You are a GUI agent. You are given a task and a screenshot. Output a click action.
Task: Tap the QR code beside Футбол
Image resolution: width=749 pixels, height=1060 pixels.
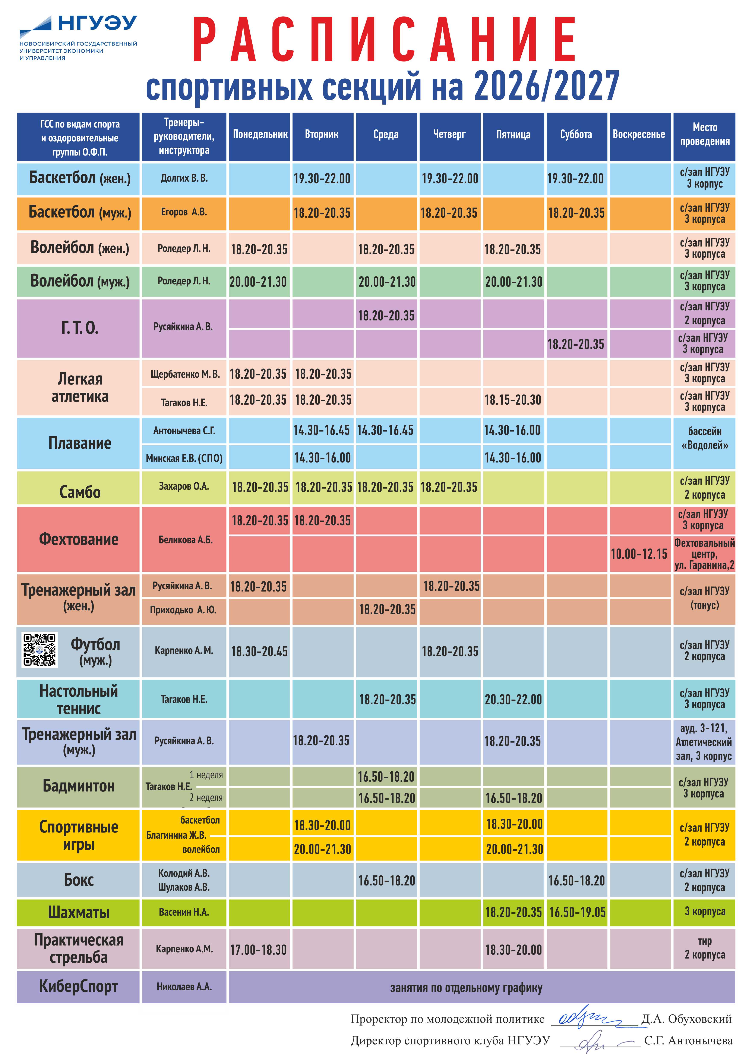[x=40, y=650]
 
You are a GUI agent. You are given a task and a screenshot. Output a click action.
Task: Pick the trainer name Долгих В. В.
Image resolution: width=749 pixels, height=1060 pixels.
[x=184, y=178]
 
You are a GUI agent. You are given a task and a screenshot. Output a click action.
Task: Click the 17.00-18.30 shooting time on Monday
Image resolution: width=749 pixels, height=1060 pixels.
[x=258, y=950]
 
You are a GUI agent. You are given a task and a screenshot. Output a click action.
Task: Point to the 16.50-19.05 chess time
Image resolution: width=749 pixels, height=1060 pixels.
[x=577, y=912]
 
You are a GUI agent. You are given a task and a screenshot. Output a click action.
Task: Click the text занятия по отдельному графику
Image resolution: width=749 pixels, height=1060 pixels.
[x=466, y=988]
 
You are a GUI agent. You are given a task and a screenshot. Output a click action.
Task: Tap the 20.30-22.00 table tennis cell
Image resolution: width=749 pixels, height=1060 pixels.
[x=513, y=699]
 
